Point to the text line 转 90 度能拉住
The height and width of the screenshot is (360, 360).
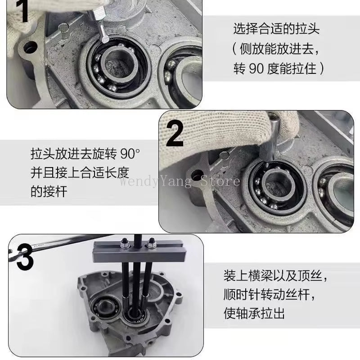[x=279, y=69]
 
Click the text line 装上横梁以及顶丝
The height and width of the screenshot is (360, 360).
[x=279, y=274]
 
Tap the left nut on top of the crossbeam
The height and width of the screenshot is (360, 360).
[x=122, y=246]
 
